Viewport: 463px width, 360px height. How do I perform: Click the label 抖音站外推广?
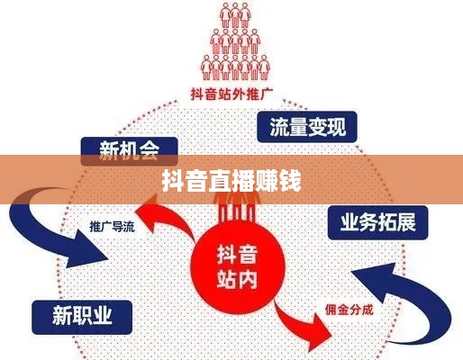coord(231,94)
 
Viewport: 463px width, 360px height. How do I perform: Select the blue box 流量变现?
coord(307,127)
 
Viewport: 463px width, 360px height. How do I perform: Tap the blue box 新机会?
coord(130,151)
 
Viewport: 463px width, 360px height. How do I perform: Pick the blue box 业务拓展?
coord(377,222)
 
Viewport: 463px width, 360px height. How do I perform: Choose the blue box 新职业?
coord(82,318)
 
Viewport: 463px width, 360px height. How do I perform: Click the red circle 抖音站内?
coord(237,267)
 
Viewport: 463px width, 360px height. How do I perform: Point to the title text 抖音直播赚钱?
coord(231,181)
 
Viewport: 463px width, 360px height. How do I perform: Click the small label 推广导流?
coord(112,227)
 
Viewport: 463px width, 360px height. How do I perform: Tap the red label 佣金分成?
coord(350,310)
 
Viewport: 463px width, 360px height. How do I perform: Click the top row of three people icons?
coord(235,14)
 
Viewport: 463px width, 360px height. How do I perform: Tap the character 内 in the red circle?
coord(248,279)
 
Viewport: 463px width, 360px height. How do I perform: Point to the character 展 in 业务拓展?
coord(406,222)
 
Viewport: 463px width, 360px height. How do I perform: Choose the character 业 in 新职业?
coord(102,316)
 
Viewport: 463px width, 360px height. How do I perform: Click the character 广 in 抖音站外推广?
coord(266,94)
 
